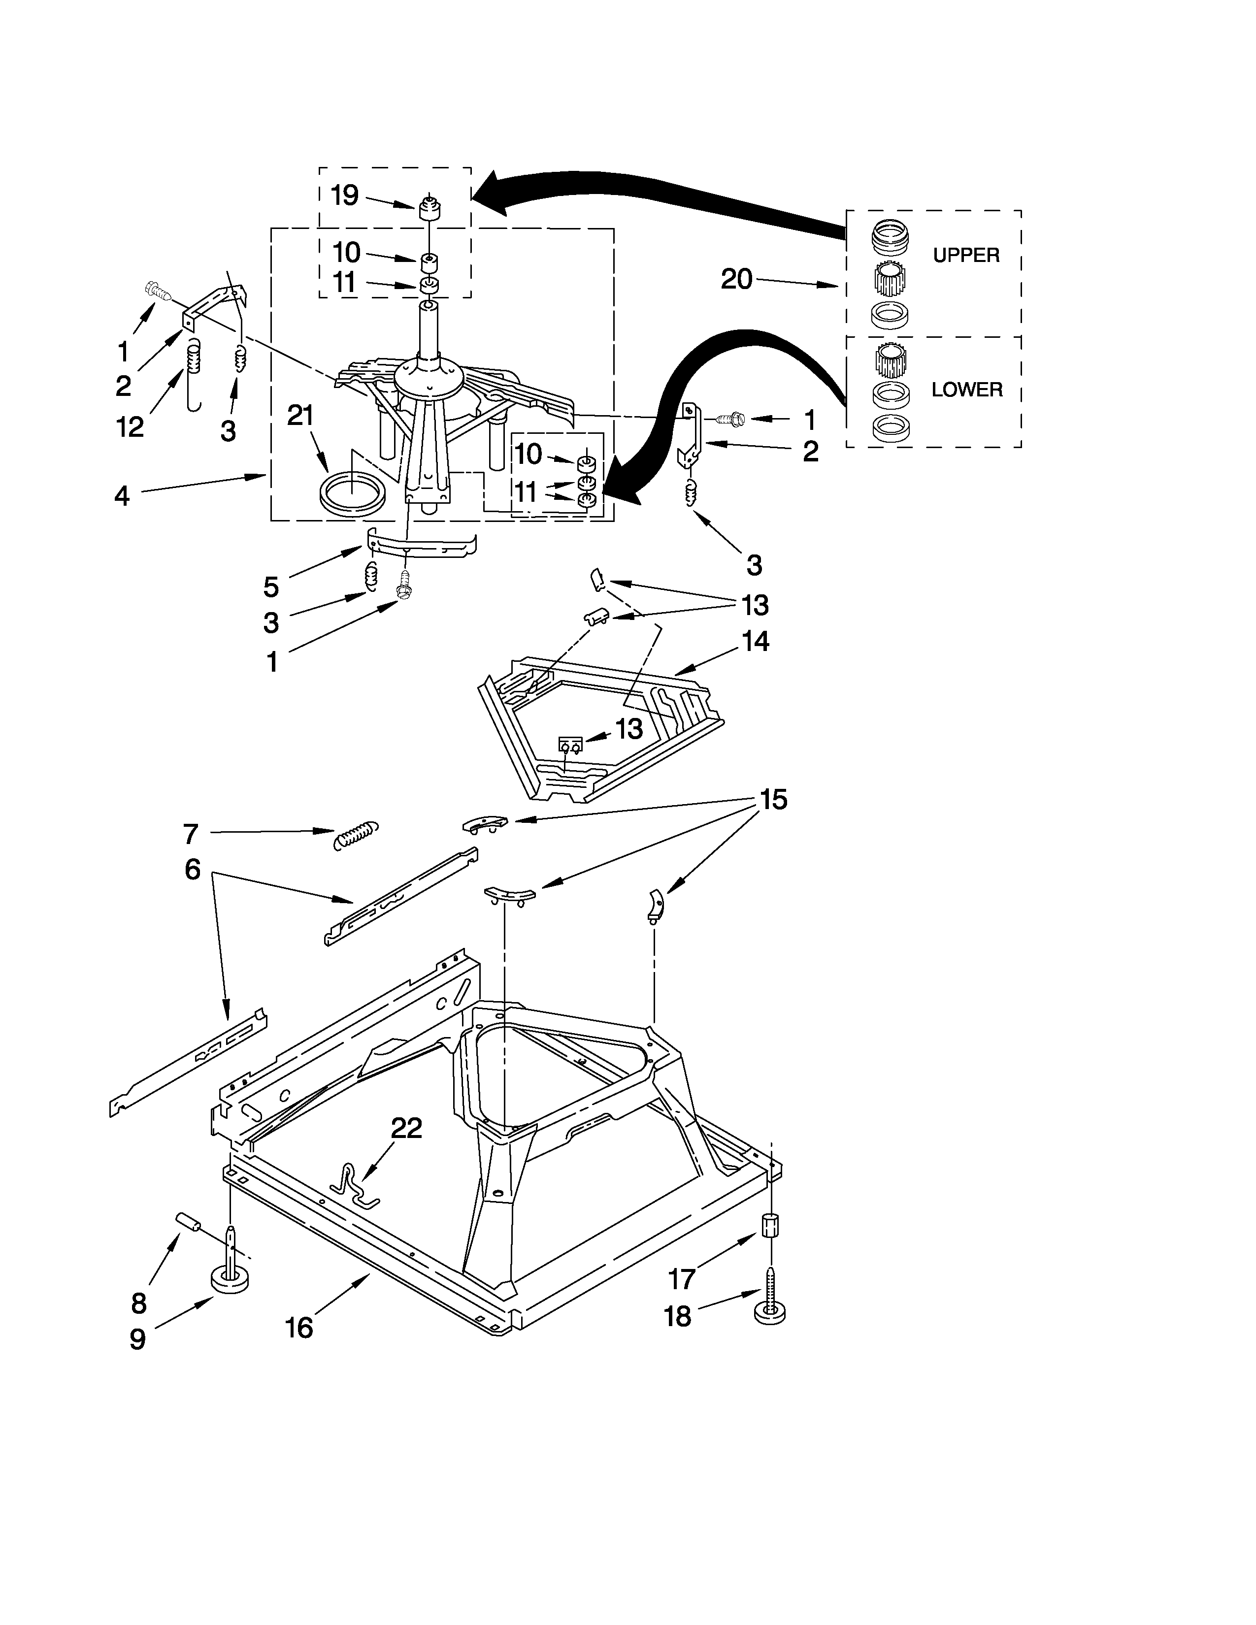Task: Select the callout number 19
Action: [344, 195]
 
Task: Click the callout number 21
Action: [300, 416]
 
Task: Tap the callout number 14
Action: [755, 641]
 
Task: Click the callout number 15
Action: [773, 800]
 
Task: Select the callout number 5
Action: [271, 587]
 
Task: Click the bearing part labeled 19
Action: [428, 209]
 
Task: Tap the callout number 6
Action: [193, 869]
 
